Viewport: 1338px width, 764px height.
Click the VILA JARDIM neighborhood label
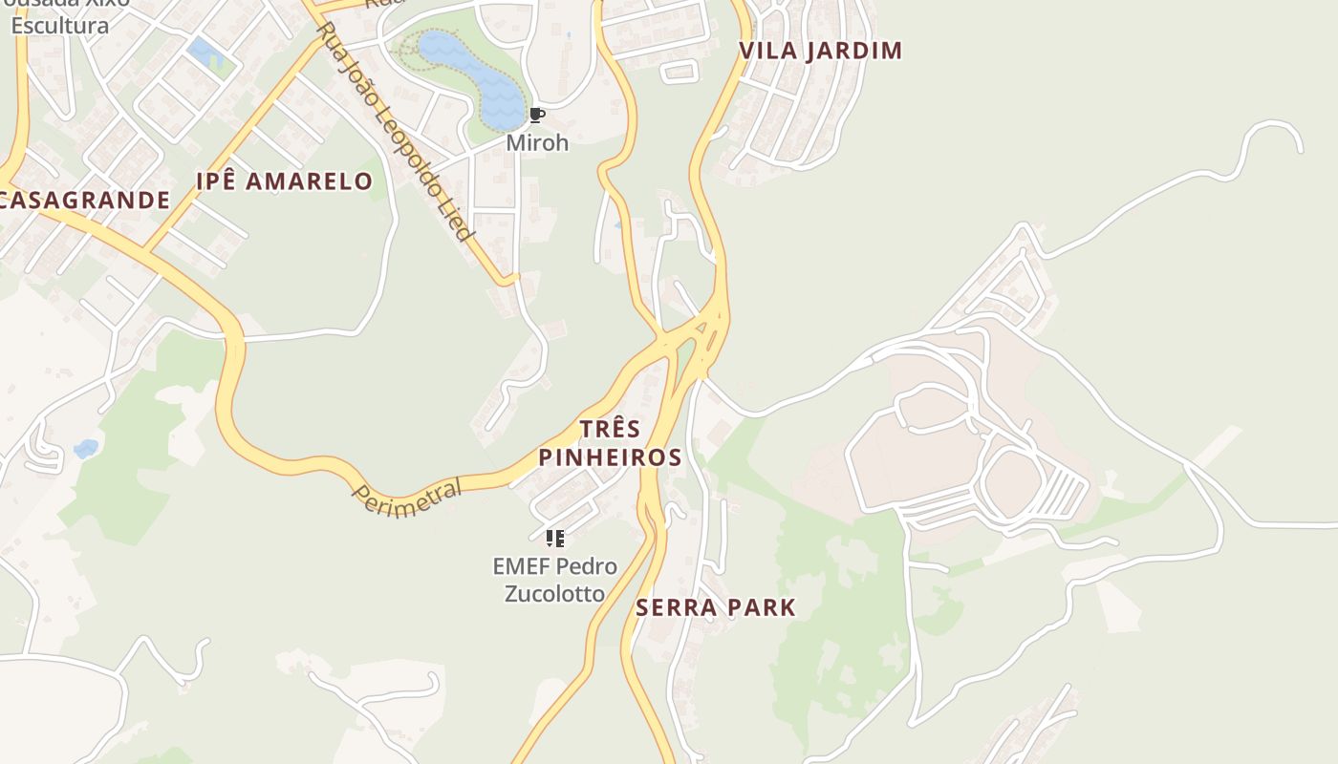[821, 51]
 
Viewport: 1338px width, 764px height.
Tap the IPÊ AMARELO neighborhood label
[284, 181]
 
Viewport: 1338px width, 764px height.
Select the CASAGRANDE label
[84, 201]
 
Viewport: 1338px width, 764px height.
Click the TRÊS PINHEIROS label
[610, 442]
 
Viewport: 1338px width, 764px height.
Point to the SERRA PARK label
[716, 607]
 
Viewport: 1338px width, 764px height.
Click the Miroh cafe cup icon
[536, 117]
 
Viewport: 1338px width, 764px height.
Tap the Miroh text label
[537, 143]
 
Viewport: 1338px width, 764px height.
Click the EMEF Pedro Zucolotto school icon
[554, 539]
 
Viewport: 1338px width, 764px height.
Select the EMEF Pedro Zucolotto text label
[554, 580]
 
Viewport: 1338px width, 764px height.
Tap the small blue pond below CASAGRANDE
[86, 448]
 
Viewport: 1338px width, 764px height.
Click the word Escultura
[60, 26]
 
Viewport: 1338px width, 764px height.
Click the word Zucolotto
[554, 594]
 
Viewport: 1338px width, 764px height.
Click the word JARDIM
[852, 51]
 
